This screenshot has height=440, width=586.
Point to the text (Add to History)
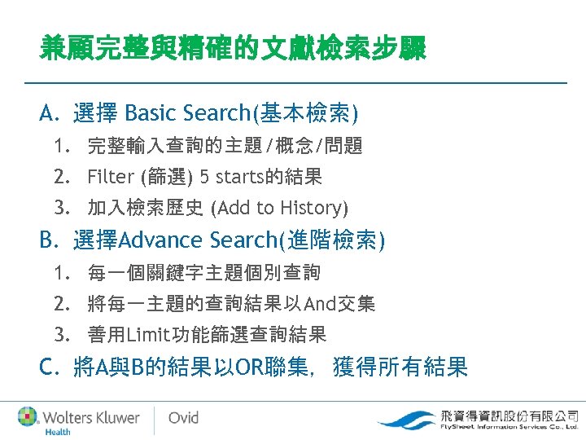278,208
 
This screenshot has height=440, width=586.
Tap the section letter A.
47,112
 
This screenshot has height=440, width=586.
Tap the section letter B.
47,240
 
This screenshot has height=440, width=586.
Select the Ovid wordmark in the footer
183,418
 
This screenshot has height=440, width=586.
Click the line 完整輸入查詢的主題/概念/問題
225,147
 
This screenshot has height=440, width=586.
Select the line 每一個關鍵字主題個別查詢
203,272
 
